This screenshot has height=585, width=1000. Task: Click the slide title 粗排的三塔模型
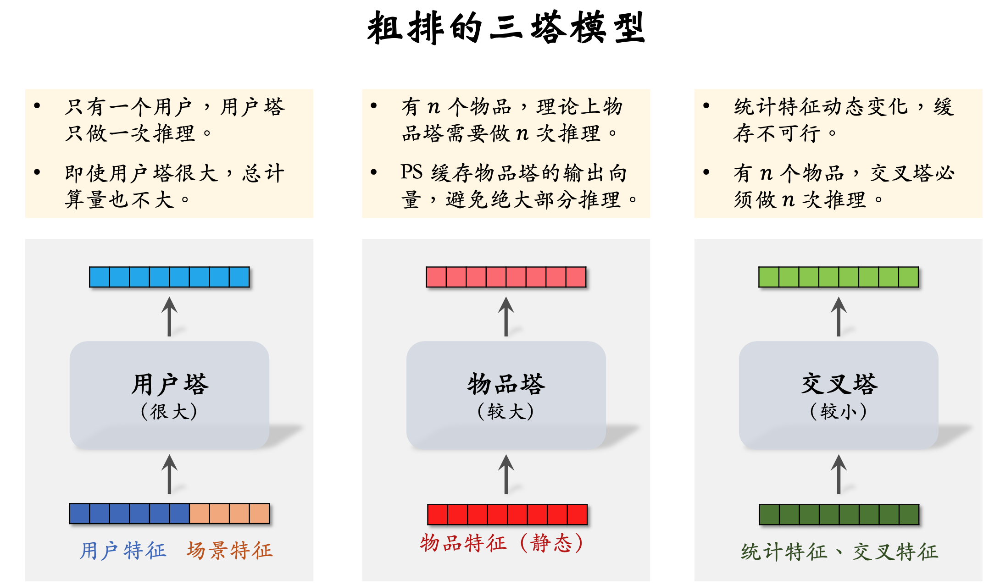click(506, 28)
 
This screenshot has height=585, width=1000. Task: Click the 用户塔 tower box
click(169, 394)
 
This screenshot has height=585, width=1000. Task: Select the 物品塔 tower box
click(506, 394)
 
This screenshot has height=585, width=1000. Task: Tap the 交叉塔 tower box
click(839, 394)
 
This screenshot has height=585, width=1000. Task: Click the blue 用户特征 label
click(123, 550)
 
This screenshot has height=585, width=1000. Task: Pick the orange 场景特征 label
click(229, 550)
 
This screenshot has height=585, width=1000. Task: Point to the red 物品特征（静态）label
click(502, 543)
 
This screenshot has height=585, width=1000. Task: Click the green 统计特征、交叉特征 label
click(839, 551)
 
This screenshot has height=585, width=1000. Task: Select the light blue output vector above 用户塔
click(169, 277)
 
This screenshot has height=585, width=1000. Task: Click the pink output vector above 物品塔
click(506, 277)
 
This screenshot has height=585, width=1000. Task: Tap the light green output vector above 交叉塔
click(839, 277)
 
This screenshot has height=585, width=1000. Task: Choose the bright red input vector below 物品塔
click(507, 514)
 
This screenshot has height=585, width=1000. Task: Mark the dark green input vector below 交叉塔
click(839, 514)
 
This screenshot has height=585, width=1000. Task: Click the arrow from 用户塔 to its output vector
click(169, 316)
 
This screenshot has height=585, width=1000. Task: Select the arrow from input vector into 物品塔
click(506, 474)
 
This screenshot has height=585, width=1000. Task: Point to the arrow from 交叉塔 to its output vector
click(839, 316)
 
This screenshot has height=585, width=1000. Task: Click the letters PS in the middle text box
click(411, 172)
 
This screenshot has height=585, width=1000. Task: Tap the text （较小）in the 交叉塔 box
click(839, 411)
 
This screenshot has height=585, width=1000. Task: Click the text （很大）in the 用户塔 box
click(169, 411)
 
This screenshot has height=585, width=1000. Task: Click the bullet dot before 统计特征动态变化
click(706, 106)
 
